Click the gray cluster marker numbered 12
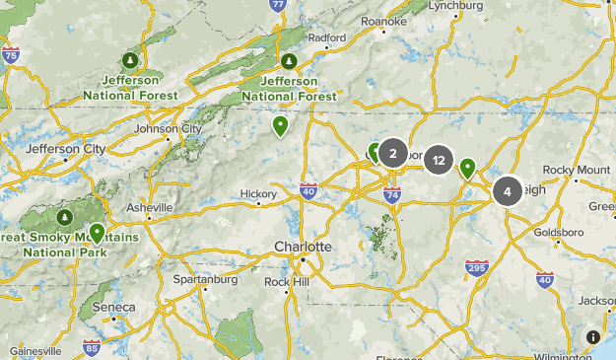pyautogui.click(x=439, y=161)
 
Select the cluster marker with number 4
pyautogui.click(x=508, y=190)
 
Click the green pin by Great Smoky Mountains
pyautogui.click(x=97, y=233)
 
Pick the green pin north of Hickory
pyautogui.click(x=281, y=125)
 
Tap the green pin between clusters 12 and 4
pyautogui.click(x=467, y=168)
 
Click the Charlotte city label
pyautogui.click(x=303, y=246)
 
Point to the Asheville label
pyautogui.click(x=149, y=208)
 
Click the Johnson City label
pyautogui.click(x=168, y=128)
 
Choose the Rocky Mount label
pyautogui.click(x=577, y=170)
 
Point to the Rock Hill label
pyautogui.click(x=286, y=281)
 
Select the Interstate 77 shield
pyautogui.click(x=279, y=6)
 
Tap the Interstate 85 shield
pyautogui.click(x=92, y=347)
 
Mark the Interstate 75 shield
pyautogui.click(x=11, y=55)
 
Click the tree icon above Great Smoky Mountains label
pyautogui.click(x=65, y=216)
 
